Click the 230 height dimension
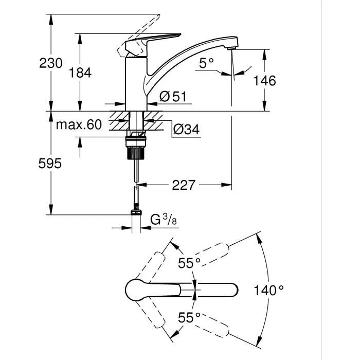[x=51, y=63]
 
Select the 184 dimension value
[x=80, y=73]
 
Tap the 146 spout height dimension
[x=265, y=80]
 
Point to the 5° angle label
[x=206, y=63]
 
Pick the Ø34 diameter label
[x=186, y=130]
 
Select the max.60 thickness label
[x=79, y=125]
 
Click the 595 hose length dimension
[x=50, y=164]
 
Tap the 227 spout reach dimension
[x=184, y=184]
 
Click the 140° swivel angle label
[x=268, y=291]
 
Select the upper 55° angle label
[x=189, y=263]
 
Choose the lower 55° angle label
[x=189, y=317]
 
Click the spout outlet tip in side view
[x=231, y=48]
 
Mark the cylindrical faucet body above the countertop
[x=136, y=82]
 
